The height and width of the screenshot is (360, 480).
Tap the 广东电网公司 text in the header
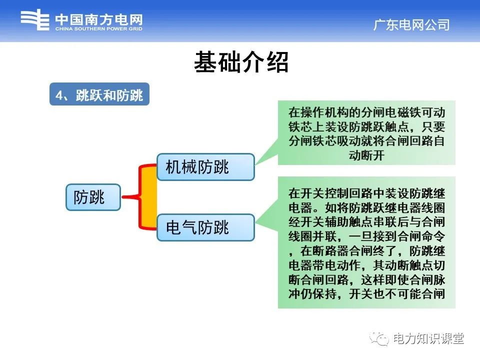pyautogui.click(x=411, y=25)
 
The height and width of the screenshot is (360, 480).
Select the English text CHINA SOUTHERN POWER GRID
pyautogui.click(x=98, y=29)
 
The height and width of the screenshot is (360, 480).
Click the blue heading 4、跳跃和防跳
pyautogui.click(x=99, y=94)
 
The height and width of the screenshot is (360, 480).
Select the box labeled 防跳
pyautogui.click(x=93, y=197)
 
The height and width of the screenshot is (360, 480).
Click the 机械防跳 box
pyautogui.click(x=205, y=167)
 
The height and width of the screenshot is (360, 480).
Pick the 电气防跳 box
pyautogui.click(x=205, y=227)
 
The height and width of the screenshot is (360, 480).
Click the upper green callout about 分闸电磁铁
pyautogui.click(x=366, y=133)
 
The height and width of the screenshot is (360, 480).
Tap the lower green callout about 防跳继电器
pyautogui.click(x=366, y=242)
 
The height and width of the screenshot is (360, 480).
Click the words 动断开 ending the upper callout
pyautogui.click(x=366, y=155)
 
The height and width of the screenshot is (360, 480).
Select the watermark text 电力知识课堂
pyautogui.click(x=428, y=339)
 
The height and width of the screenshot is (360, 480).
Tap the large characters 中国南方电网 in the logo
pyautogui.click(x=98, y=19)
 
